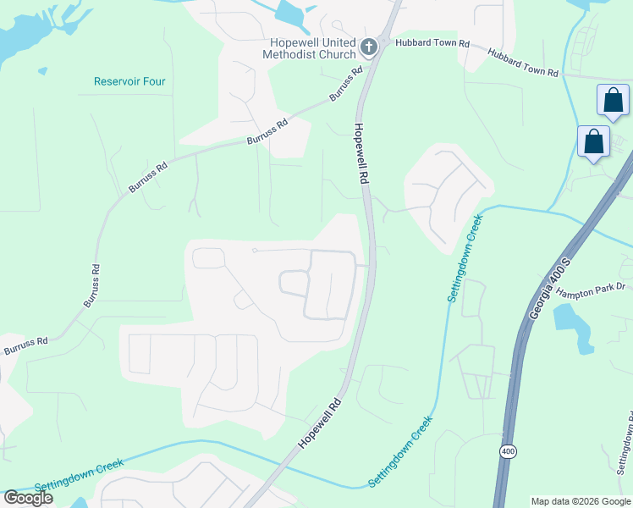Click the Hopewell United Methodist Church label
(x=313, y=49)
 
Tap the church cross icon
(x=369, y=47)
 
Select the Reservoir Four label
(x=129, y=82)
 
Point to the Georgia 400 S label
(x=544, y=294)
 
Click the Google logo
(x=28, y=497)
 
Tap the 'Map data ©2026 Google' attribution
(x=580, y=501)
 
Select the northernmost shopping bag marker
(x=613, y=100)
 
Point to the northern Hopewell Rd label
(x=361, y=153)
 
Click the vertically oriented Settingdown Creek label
(x=464, y=256)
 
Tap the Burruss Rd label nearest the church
(x=347, y=84)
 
